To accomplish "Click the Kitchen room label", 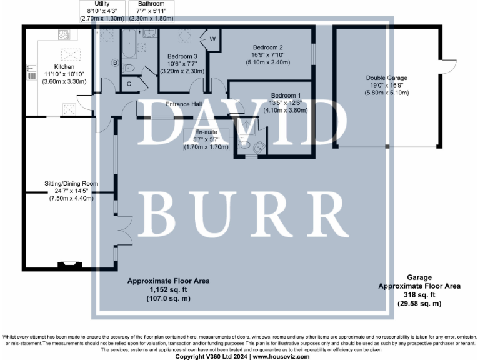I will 64,66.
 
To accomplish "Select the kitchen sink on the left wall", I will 31,71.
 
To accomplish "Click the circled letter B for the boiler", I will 115,62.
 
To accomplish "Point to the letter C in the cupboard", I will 129,84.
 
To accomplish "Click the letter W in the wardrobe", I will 212,40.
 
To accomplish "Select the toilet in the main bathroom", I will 127,68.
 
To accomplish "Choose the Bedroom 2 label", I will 268,47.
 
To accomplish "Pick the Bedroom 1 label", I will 286,96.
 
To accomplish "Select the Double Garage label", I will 387,79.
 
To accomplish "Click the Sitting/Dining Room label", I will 71,183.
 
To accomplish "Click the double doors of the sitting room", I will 124,226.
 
